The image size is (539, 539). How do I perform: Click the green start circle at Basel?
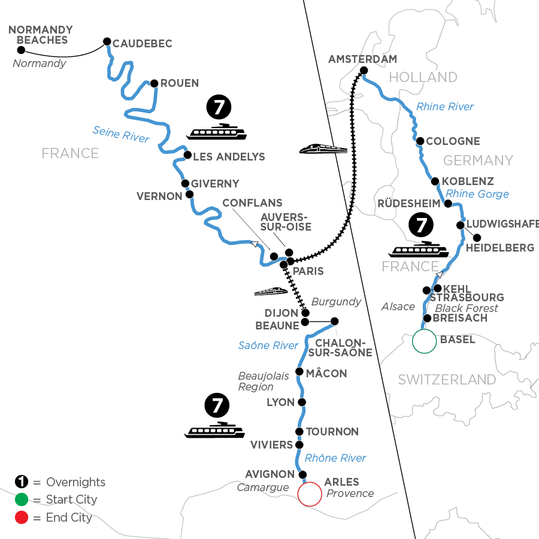click(x=424, y=341)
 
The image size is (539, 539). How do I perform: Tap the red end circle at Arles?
click(x=309, y=495)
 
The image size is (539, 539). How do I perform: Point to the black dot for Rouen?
click(x=154, y=83)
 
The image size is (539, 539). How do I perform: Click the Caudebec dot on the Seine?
click(x=107, y=41)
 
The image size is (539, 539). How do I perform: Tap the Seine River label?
click(x=121, y=134)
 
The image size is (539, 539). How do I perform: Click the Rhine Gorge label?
click(x=477, y=193)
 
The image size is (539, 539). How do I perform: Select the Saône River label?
click(x=268, y=345)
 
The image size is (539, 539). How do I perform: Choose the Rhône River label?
click(x=335, y=458)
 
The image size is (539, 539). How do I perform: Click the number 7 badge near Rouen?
click(x=217, y=108)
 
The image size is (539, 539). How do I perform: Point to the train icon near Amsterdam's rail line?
click(x=323, y=148)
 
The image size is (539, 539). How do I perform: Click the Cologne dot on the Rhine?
click(x=420, y=141)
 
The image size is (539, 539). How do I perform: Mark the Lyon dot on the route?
click(x=302, y=402)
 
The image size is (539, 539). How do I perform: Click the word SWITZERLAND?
click(x=447, y=380)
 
